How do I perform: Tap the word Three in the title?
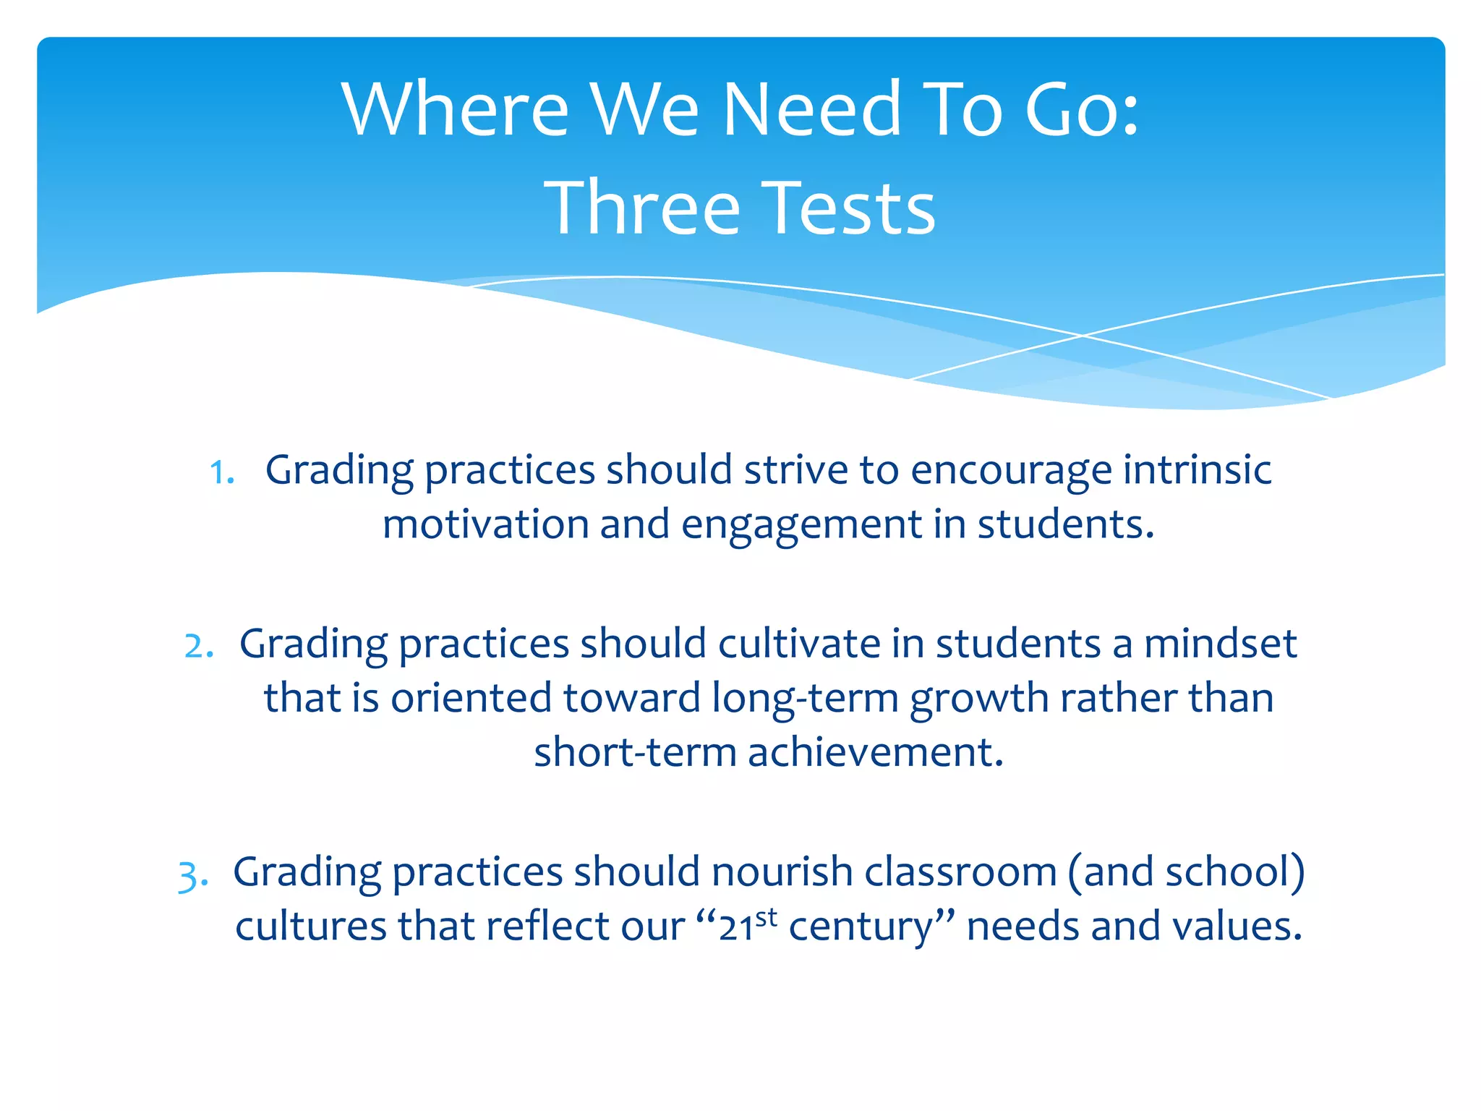tap(641, 209)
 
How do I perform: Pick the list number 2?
tap(197, 646)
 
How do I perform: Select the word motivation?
tap(485, 524)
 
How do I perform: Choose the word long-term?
tap(805, 699)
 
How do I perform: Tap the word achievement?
tap(876, 752)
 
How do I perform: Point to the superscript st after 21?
tap(767, 917)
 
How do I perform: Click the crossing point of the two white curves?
tap(1083, 336)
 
